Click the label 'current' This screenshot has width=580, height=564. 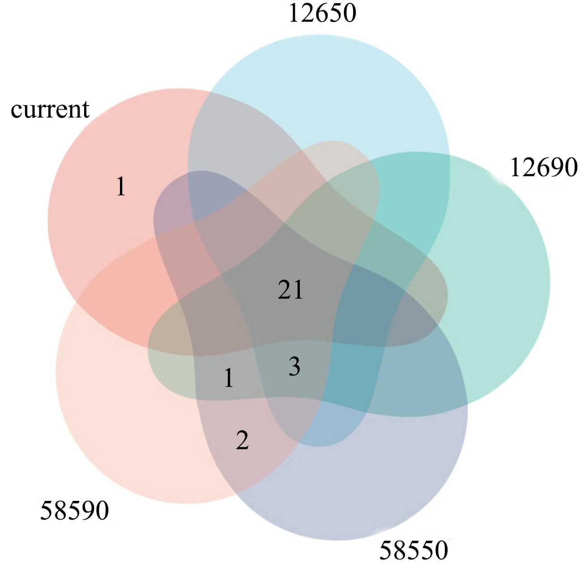click(50, 110)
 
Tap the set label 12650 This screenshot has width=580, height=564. click(322, 13)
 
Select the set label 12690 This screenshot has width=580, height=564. click(543, 168)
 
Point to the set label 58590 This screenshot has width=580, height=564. click(74, 510)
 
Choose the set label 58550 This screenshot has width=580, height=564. click(414, 550)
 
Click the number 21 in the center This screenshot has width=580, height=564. click(290, 290)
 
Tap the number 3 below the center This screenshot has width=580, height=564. click(294, 367)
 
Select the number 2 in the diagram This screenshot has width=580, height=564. click(242, 440)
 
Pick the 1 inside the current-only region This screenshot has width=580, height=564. click(121, 187)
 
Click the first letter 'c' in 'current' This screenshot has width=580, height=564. click(16, 111)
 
